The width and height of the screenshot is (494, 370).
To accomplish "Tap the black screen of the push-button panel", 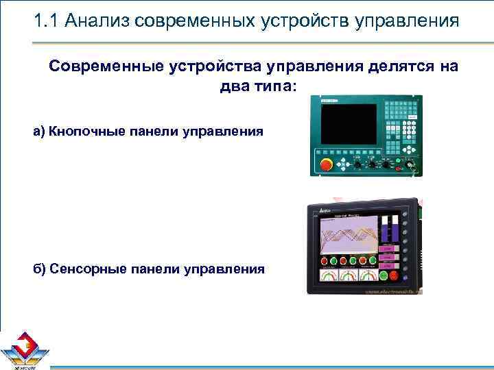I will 349,124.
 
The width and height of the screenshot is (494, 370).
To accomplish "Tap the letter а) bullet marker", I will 39,130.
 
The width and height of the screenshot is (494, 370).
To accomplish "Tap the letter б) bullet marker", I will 39,269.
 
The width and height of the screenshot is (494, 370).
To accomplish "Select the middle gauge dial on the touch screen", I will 349,275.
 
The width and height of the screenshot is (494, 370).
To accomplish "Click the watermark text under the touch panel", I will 392,291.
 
